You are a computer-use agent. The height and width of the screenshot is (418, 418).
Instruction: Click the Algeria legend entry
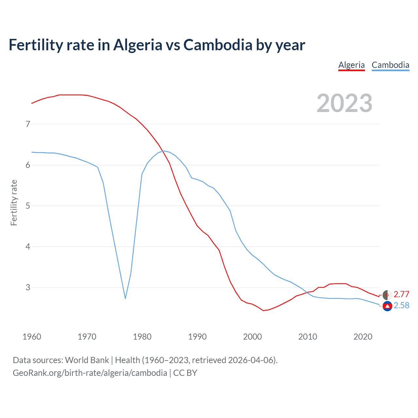tap(351, 65)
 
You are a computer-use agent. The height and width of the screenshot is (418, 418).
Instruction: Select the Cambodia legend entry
tap(390, 65)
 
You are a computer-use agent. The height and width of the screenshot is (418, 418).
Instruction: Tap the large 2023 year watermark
tap(344, 103)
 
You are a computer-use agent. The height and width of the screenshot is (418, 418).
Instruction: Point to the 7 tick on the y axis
tap(28, 124)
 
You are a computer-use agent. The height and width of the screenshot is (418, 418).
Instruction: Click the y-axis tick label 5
tap(28, 206)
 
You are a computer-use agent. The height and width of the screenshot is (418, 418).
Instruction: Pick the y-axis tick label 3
tap(28, 287)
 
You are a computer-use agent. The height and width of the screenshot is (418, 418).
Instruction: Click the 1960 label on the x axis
tap(32, 337)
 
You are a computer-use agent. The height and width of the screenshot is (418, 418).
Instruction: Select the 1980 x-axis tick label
tap(142, 337)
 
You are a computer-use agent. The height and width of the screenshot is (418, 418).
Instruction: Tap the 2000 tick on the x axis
tap(252, 337)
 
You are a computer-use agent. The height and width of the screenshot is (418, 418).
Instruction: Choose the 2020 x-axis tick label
tap(363, 337)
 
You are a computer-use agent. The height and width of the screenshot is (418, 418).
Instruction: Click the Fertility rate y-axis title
tap(14, 202)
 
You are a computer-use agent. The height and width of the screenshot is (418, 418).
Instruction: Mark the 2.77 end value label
tap(401, 294)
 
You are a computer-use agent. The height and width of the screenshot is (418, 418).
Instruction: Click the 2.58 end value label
tap(401, 305)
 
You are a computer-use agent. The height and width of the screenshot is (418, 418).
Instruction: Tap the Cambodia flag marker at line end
tap(387, 306)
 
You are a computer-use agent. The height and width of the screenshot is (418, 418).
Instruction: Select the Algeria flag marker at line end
tap(387, 295)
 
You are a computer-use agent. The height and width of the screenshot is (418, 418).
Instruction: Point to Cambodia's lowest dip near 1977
tap(125, 298)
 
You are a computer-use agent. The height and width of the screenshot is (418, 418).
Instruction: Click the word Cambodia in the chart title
tap(218, 45)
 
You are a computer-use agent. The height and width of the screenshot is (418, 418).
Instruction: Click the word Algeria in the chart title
tap(137, 45)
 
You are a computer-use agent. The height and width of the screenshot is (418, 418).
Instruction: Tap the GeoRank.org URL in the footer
tap(90, 373)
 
